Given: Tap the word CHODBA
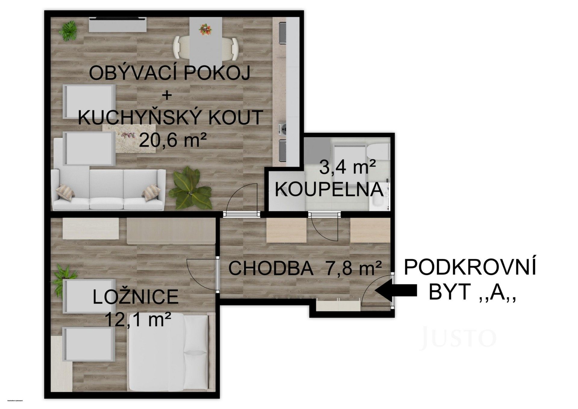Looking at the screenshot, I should click(271, 268).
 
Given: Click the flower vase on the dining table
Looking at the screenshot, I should click(205, 30).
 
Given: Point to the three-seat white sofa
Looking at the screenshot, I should click(108, 190).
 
